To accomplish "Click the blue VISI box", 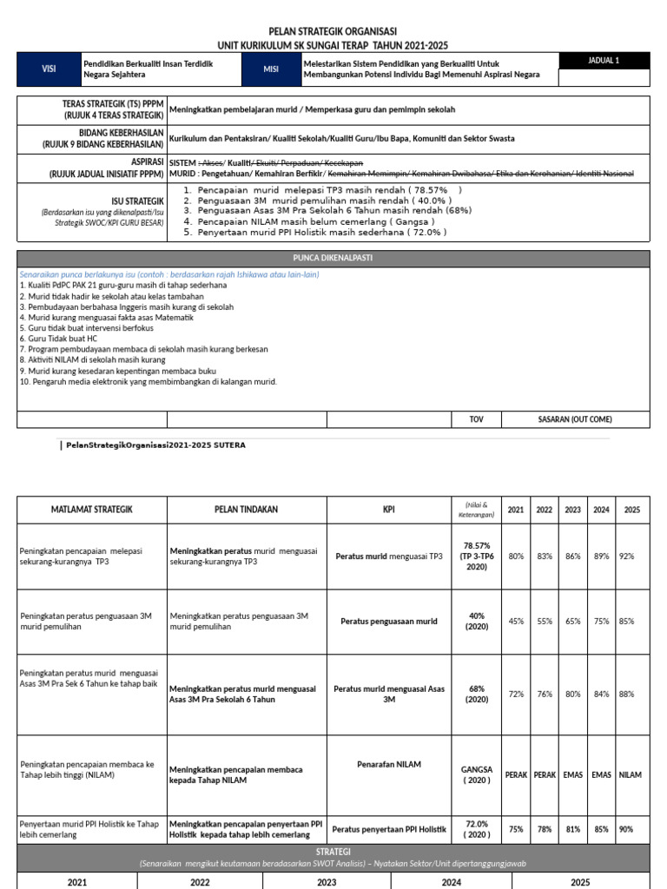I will pos(48,69).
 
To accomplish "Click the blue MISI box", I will pos(270,69).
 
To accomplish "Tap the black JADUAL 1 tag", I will pos(604,61).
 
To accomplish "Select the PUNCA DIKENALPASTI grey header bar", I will pos(333,259).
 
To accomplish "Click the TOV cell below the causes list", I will pos(476,419).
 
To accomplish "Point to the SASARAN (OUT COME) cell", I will pos(575,419).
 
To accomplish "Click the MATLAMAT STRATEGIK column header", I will pos(91,510).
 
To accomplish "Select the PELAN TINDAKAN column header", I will pos(247,510).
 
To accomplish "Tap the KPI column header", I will pos(388,510).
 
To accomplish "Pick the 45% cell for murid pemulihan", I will pos(516,622).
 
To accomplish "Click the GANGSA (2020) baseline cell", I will pos(477,774).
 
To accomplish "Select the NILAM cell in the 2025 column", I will pos(631,774).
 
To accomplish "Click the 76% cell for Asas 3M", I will pos(545,695).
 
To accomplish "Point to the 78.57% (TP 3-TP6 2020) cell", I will pos(477,556).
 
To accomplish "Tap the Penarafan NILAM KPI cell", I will pos(388,764).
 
